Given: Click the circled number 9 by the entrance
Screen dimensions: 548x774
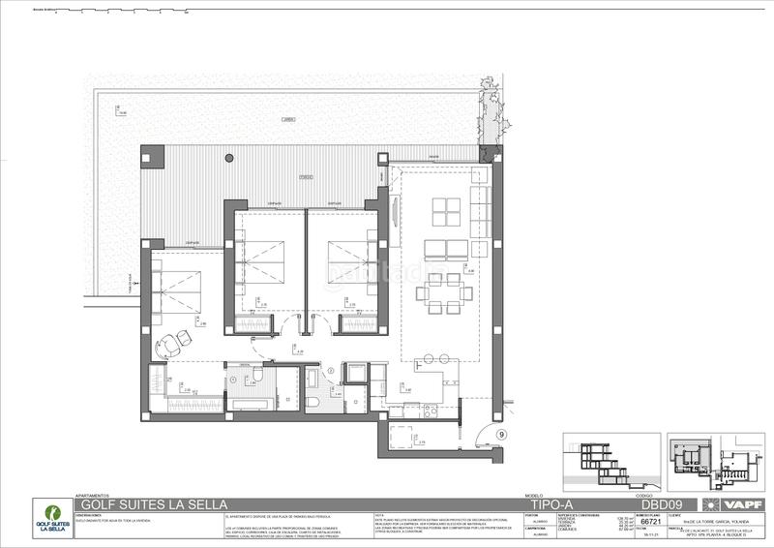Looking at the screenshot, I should pyautogui.click(x=501, y=435).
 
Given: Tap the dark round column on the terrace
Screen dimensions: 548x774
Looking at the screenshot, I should pyautogui.click(x=229, y=158).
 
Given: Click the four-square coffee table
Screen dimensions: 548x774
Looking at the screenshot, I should pyautogui.click(x=447, y=211).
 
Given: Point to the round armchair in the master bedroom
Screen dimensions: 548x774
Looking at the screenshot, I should pyautogui.click(x=172, y=342).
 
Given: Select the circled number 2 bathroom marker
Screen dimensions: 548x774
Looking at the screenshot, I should pyautogui.click(x=330, y=370).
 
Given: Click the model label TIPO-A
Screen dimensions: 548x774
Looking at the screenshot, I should pyautogui.click(x=548, y=504).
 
